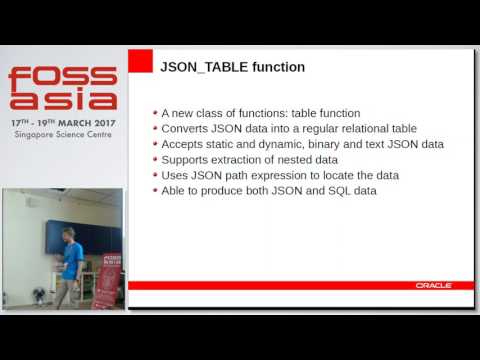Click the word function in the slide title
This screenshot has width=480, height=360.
[x=274, y=68]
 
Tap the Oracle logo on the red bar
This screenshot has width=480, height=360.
[x=433, y=285]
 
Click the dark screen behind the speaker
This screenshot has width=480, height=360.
[x=95, y=240]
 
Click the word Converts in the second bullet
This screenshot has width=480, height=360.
[x=185, y=129]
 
